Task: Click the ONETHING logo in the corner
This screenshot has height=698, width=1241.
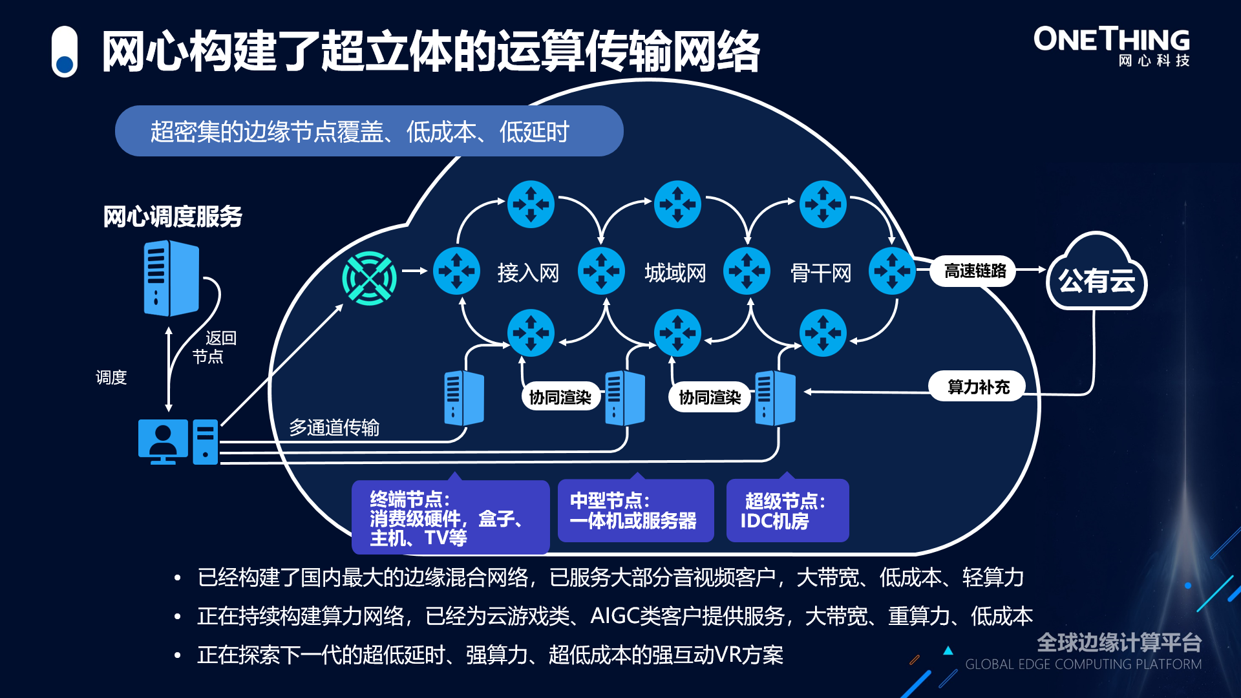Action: point(1111,45)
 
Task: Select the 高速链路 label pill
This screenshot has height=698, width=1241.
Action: point(975,271)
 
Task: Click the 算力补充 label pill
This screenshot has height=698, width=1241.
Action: point(978,386)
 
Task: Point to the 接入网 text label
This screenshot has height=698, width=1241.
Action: point(528,273)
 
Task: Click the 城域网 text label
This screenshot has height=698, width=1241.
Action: point(675,273)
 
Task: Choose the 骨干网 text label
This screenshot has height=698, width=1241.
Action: point(821,273)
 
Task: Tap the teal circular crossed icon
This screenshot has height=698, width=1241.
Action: point(369,278)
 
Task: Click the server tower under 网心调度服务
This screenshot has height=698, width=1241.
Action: point(171,278)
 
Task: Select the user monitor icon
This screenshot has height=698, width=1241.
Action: point(163,441)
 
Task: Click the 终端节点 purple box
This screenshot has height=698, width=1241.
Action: point(450,517)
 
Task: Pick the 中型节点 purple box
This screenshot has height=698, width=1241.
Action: point(635,511)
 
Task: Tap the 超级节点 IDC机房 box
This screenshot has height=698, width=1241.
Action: point(787,511)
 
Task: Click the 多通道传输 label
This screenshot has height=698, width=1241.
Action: point(334,427)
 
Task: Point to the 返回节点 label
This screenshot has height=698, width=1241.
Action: point(214,347)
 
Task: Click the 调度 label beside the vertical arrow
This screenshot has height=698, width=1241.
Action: point(111,377)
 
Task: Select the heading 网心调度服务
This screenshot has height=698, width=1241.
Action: point(173,217)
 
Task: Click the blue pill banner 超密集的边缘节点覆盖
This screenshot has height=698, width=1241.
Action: point(368,131)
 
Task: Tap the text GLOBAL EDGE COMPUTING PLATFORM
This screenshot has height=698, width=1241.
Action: point(1083,664)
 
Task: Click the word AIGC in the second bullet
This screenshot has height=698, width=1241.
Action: point(614,616)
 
